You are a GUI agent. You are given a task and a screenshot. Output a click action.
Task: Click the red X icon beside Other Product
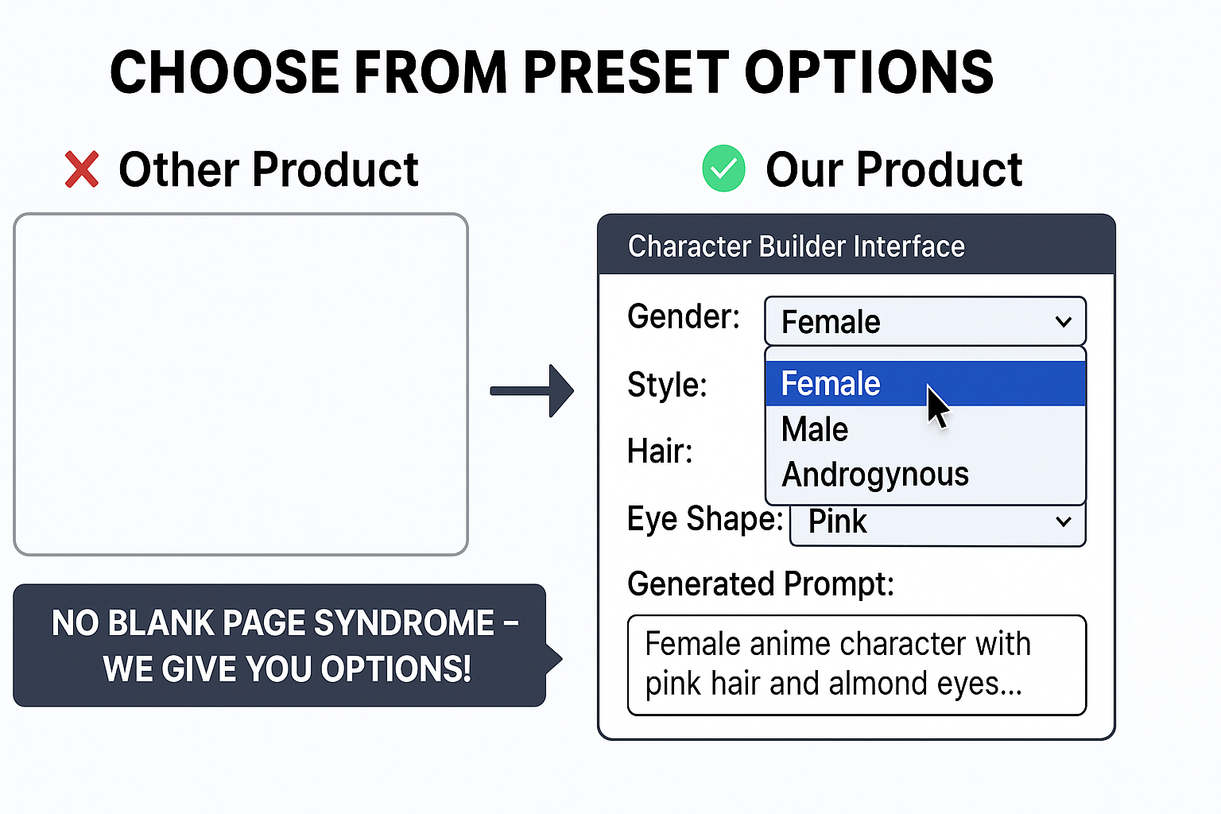coord(82,169)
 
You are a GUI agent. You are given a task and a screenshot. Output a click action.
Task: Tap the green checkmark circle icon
coord(723,169)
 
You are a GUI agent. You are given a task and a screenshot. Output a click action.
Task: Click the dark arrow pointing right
coord(532,390)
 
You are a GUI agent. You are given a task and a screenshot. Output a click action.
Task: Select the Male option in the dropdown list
coord(815,429)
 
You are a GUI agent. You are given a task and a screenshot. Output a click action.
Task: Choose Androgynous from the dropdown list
coord(875,475)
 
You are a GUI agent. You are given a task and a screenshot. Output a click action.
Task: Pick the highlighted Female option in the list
coord(831,384)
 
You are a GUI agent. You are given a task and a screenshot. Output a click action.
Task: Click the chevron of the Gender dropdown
coord(1063,322)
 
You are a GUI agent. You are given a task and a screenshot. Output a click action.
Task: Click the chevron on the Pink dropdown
coord(1063,521)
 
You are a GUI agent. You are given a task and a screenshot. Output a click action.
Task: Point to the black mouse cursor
coord(937,406)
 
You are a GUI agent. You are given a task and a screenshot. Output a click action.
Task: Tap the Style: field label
coord(667,385)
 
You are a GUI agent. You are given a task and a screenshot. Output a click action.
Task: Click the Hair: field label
coord(660,452)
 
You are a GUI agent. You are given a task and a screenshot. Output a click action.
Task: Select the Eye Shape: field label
coord(704,519)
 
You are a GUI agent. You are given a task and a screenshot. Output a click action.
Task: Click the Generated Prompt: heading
coord(760,584)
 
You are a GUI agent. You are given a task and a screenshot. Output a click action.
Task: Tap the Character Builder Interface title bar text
coord(796,246)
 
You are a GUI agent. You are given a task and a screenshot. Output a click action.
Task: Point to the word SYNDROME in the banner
coord(404,623)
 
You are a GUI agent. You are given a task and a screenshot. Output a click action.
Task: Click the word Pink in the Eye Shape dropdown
coord(837,521)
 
